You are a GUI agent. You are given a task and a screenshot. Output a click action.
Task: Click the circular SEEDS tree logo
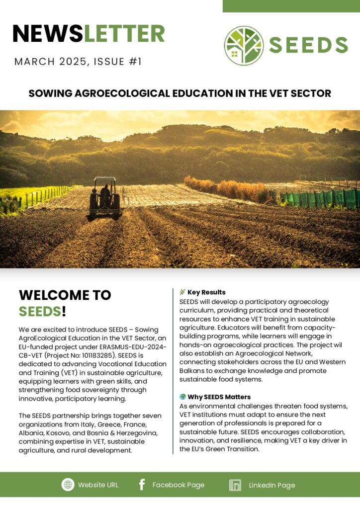244,46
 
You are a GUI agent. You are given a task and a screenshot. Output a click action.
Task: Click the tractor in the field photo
104,198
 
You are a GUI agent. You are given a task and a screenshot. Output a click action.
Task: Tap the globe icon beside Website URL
68,485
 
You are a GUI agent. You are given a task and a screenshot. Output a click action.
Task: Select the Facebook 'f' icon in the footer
142,485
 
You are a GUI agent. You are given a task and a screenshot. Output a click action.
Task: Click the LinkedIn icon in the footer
235,485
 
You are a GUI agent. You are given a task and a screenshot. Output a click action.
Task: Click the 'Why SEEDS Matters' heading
219,397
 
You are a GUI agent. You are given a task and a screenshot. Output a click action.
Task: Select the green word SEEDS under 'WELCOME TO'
40,312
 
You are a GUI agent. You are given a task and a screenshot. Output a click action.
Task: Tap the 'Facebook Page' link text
178,485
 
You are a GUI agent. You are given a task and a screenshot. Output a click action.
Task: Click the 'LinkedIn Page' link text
271,485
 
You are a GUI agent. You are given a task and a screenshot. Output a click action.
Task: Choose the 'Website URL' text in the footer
98,485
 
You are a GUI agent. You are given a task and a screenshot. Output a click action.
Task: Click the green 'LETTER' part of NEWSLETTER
124,34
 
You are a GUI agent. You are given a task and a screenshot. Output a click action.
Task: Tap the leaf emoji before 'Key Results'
182,292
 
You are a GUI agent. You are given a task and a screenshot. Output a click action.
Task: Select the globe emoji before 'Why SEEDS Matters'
182,397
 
